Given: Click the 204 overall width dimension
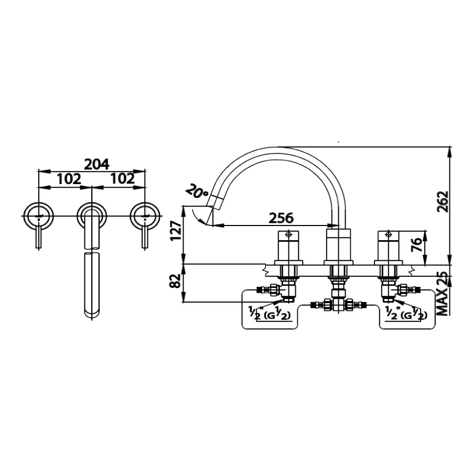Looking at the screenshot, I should [96, 164].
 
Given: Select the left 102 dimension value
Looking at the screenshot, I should [69, 179].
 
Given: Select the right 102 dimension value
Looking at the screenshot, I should [123, 179].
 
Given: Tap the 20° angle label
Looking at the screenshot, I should [196, 192].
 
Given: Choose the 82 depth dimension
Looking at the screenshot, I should [176, 283].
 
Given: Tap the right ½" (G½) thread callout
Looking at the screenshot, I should [405, 314].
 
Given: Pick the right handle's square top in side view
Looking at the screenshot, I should [388, 235].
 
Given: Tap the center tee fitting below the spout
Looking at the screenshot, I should [338, 304].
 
